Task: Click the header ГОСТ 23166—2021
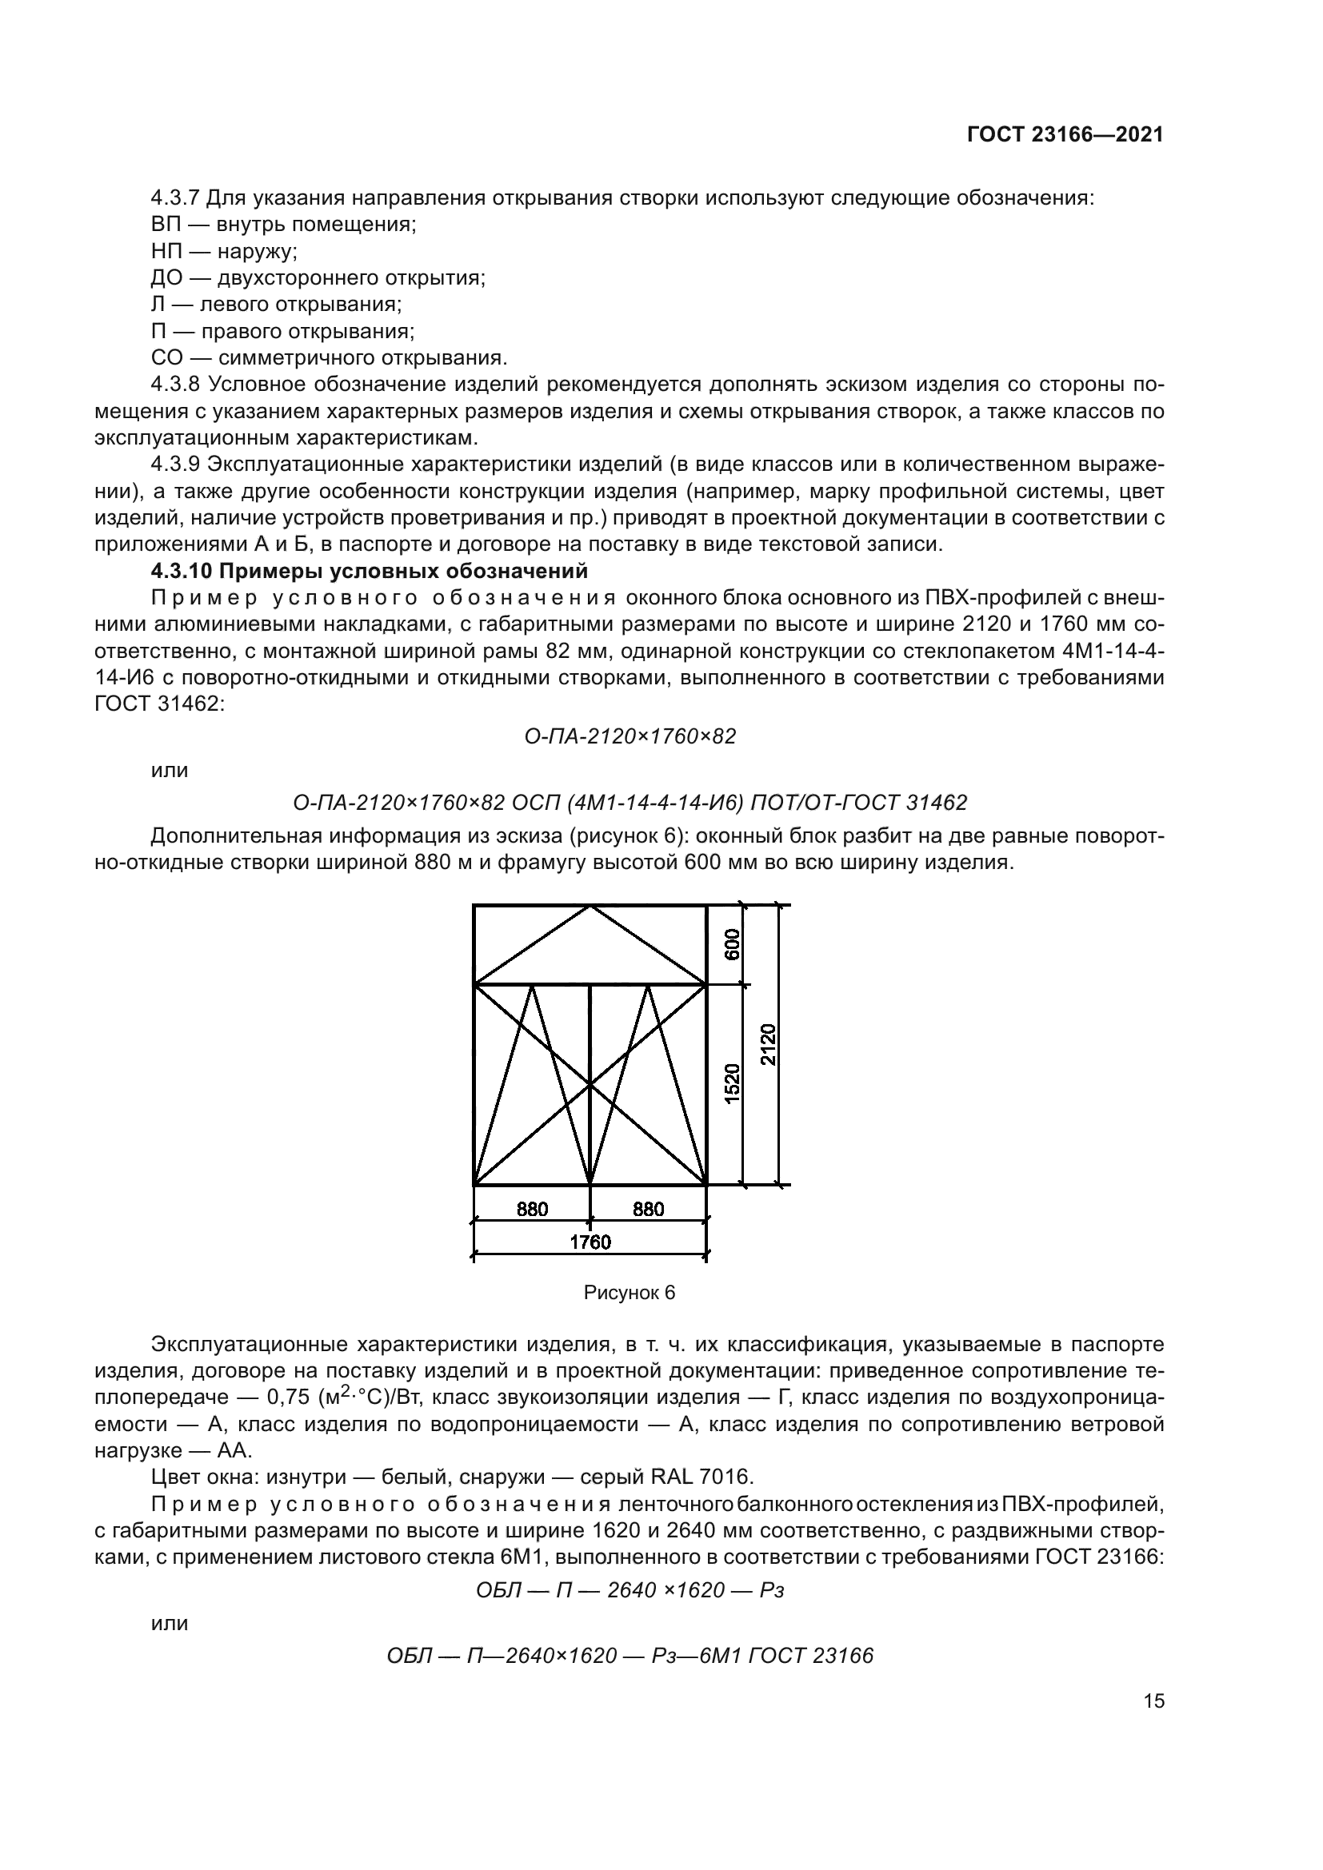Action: [1065, 135]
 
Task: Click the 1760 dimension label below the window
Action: [590, 1242]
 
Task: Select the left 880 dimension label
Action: [532, 1210]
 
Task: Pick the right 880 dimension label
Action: [649, 1210]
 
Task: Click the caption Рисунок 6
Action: [629, 1294]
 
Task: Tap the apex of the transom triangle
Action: [590, 907]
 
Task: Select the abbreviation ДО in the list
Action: [165, 278]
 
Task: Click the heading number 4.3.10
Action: [181, 572]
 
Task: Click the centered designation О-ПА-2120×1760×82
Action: [630, 736]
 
